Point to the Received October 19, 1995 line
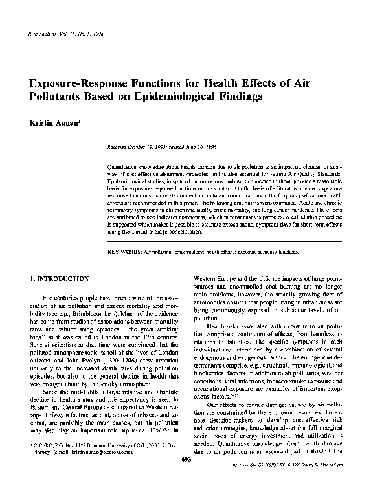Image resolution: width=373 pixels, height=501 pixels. (152, 148)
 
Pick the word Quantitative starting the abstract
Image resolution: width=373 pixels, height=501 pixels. (123, 166)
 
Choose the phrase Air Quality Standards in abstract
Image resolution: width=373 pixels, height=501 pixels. (319, 174)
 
